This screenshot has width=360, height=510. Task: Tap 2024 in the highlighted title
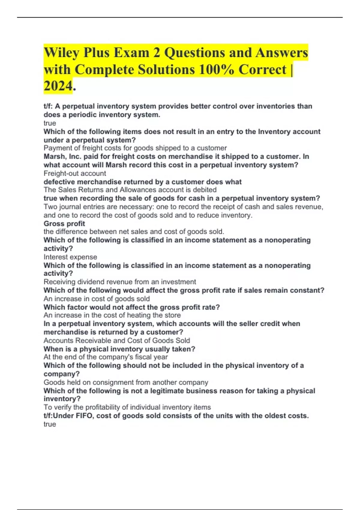58,86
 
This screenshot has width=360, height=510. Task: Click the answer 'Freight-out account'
75,173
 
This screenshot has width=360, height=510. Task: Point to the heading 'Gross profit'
64,223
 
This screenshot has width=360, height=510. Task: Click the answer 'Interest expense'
70,257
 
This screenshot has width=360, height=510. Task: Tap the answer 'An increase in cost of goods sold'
97,299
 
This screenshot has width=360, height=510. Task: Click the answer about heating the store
112,315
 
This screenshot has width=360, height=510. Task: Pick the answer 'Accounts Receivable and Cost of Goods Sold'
117,340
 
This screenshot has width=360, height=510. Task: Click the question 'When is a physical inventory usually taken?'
119,349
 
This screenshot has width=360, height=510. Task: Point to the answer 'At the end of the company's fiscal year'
106,357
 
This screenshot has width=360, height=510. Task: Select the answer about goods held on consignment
126,382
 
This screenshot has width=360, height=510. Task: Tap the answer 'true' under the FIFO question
50,424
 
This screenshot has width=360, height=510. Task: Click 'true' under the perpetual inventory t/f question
50,123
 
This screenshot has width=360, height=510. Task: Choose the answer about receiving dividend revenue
120,282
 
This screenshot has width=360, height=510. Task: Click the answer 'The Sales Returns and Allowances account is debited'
130,190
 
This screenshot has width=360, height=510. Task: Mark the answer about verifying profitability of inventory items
127,407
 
